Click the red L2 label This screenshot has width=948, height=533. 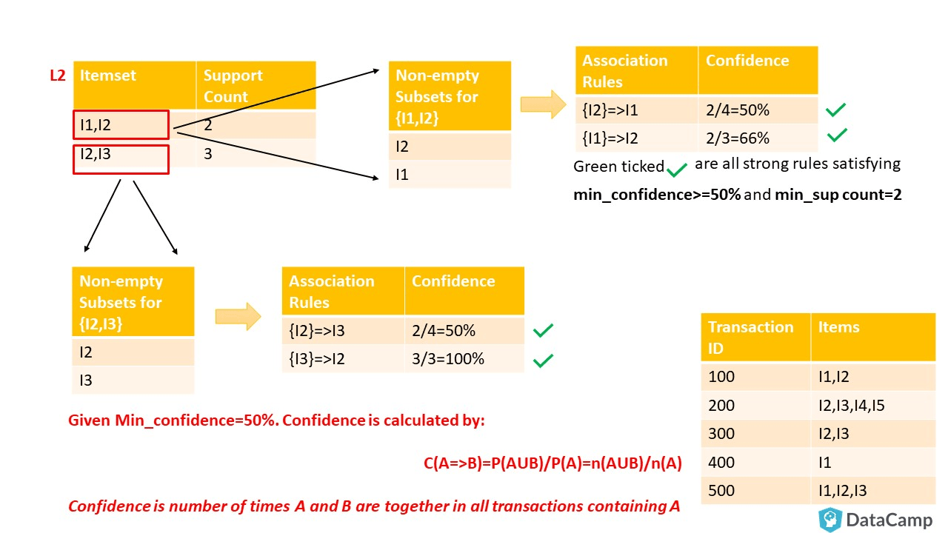coord(58,76)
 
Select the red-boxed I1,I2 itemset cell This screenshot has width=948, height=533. coord(121,125)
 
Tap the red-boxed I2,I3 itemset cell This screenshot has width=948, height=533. coord(121,159)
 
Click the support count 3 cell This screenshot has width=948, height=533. coord(256,153)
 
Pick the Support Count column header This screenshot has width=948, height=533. coord(256,85)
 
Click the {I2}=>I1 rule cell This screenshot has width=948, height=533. coord(636,110)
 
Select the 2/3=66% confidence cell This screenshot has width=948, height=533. coord(758,138)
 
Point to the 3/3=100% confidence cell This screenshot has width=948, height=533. coord(464,359)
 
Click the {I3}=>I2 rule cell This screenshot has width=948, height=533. coord(343,359)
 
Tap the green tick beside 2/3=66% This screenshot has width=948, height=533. coord(837,135)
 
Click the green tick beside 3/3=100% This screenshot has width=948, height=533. coord(543,361)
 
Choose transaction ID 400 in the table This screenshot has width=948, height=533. coord(756,463)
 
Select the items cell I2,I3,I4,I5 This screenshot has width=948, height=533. coord(873,405)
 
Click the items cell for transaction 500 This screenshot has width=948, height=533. coord(873,491)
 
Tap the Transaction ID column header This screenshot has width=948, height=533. coord(756,337)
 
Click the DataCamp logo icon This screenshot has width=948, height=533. coord(830,520)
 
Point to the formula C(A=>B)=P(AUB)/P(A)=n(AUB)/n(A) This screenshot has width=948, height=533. coord(553,463)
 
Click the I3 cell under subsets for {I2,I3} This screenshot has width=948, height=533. coord(133,381)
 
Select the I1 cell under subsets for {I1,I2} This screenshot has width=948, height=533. coord(450,174)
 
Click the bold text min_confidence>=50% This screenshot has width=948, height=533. coord(657,195)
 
